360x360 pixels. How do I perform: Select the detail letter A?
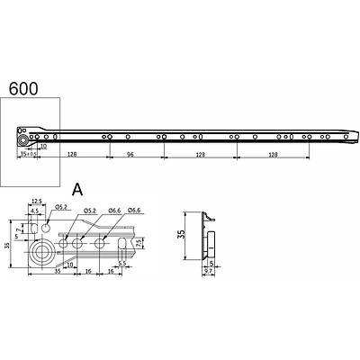(78, 189)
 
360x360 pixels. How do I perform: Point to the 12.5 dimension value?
(37, 202)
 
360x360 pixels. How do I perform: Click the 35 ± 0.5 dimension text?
(29, 155)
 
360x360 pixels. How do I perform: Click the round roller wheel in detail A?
(39, 248)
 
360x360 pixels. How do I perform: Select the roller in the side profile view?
(217, 242)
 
